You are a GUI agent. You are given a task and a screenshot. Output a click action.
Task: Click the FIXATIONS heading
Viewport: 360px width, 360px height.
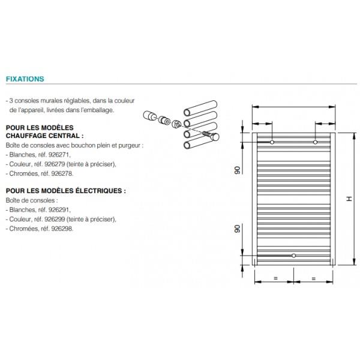coord(25,79)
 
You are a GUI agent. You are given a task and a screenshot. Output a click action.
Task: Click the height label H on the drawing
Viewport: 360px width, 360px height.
coord(349,199)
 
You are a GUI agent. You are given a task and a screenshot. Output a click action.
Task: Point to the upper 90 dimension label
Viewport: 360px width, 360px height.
coord(237,170)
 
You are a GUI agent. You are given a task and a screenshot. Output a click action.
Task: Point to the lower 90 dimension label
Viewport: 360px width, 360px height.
coord(237,229)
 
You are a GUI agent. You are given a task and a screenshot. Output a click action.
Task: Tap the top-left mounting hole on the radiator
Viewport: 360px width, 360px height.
coord(272,142)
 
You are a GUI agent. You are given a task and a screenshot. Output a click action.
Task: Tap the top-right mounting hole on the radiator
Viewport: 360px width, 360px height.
coord(314,142)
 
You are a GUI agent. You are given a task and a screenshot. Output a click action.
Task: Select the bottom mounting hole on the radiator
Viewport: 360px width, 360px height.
coord(293,256)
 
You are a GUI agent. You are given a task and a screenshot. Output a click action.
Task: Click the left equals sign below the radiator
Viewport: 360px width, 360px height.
coord(275,279)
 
